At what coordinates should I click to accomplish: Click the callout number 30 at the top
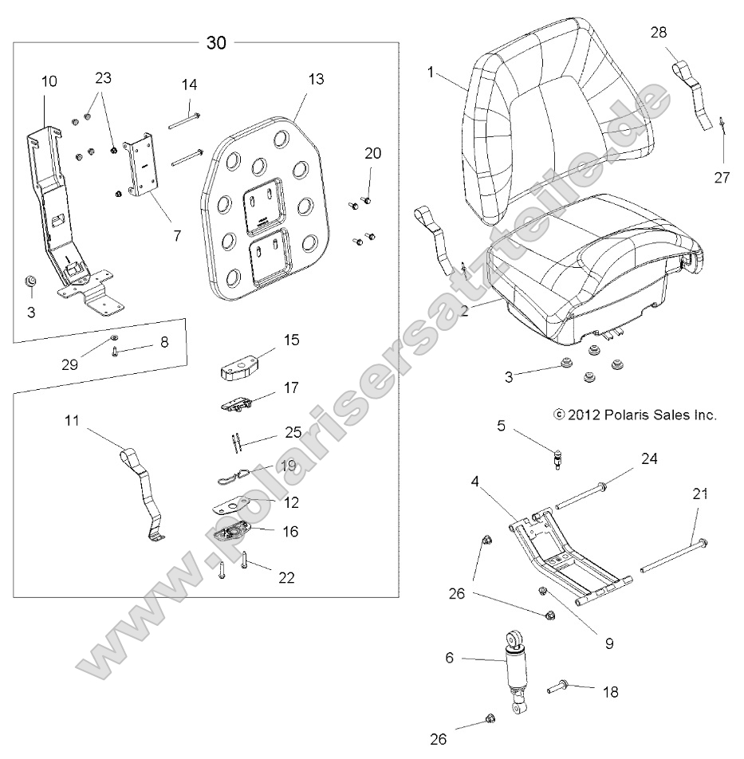click(x=216, y=42)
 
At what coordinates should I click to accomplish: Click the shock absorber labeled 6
click(x=514, y=669)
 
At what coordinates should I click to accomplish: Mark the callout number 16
click(x=290, y=531)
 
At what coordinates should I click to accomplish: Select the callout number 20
click(x=373, y=153)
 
